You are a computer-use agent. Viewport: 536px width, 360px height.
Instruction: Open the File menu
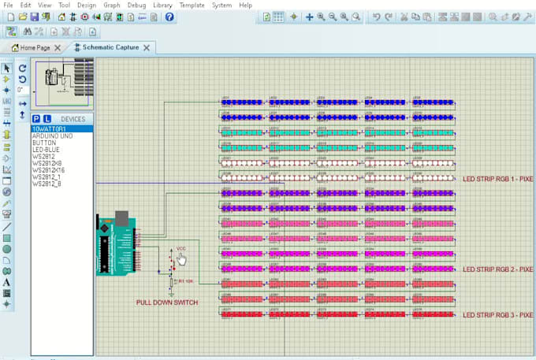[9, 5]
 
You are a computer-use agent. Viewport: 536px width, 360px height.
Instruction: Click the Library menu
[162, 5]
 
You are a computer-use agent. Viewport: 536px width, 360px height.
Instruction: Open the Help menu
[246, 5]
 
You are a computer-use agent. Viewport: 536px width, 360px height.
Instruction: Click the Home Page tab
[35, 47]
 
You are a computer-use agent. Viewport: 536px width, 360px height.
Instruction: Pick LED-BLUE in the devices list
[47, 149]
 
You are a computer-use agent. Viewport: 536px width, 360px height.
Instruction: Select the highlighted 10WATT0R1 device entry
[49, 128]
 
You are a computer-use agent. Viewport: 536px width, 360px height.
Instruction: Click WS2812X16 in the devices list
[49, 170]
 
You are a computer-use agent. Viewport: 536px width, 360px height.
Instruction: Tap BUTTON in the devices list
[43, 142]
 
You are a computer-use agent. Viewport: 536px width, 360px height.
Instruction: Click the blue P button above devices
[36, 118]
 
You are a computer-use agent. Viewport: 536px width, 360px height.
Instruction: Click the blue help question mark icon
[169, 17]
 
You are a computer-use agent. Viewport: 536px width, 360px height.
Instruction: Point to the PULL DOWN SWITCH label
[167, 302]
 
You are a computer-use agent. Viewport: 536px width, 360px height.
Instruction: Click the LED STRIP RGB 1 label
[498, 179]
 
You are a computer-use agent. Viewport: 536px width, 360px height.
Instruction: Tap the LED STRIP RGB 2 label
[498, 269]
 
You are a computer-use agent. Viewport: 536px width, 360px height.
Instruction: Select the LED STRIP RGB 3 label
[498, 314]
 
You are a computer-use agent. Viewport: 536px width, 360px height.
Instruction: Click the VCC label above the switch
[181, 249]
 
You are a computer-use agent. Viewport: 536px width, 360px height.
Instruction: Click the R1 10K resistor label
[185, 280]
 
